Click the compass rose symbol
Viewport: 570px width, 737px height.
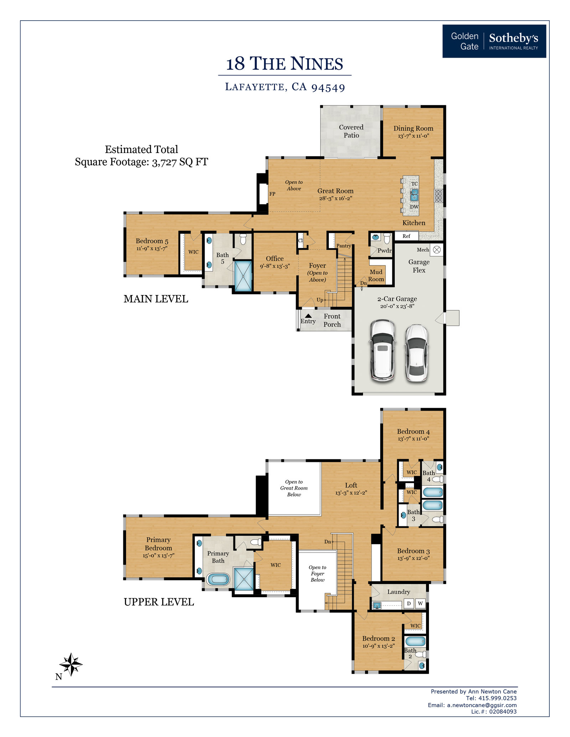pyautogui.click(x=71, y=664)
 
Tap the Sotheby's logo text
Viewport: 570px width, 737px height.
pyautogui.click(x=513, y=38)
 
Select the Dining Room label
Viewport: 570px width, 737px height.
pyautogui.click(x=413, y=128)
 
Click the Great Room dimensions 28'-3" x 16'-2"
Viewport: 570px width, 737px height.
pyautogui.click(x=336, y=198)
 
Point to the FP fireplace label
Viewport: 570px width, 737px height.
pyautogui.click(x=272, y=194)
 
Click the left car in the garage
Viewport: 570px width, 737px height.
pyautogui.click(x=383, y=351)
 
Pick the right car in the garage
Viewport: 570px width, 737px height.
pyautogui.click(x=416, y=353)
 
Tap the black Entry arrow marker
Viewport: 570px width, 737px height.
pyautogui.click(x=309, y=316)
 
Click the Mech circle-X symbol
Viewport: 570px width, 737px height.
pyautogui.click(x=437, y=250)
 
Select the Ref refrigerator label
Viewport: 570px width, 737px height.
pyautogui.click(x=406, y=236)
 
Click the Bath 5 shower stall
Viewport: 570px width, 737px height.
pyautogui.click(x=243, y=276)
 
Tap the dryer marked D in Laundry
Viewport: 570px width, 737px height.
pyautogui.click(x=409, y=603)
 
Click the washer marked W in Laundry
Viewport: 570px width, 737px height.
pyautogui.click(x=420, y=603)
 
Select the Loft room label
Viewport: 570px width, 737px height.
pyautogui.click(x=351, y=485)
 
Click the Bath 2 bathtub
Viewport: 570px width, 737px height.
pyautogui.click(x=415, y=641)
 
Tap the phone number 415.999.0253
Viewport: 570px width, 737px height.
pyautogui.click(x=497, y=698)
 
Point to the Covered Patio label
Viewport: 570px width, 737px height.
pyautogui.click(x=351, y=131)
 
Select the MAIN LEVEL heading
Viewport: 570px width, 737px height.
pyautogui.click(x=156, y=299)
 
